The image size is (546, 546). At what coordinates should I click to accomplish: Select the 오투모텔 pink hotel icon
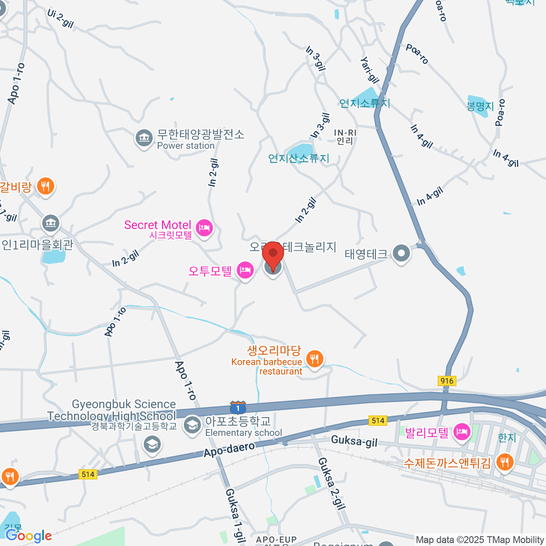tap(245, 271)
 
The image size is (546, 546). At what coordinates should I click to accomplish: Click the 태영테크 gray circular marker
tap(401, 253)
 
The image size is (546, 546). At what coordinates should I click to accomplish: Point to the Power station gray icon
tap(144, 138)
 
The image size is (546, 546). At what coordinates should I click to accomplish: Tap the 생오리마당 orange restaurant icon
tap(314, 359)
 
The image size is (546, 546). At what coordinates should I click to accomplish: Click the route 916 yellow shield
tap(447, 381)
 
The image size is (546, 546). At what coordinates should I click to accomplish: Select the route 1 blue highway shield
tap(238, 408)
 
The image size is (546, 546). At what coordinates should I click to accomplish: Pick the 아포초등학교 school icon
tap(192, 425)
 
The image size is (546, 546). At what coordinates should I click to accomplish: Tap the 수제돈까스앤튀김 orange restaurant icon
tap(504, 463)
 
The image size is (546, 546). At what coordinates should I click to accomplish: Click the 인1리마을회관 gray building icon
tap(51, 223)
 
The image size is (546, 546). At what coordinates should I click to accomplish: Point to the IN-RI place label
tap(345, 136)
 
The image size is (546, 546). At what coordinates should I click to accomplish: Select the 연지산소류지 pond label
tap(298, 158)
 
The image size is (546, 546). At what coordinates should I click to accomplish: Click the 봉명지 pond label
tap(480, 106)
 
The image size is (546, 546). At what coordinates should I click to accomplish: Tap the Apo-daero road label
tap(229, 449)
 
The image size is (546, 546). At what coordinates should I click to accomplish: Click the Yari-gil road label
tap(369, 70)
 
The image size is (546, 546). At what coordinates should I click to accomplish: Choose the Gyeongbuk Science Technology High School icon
tap(152, 445)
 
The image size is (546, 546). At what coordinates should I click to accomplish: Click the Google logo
tap(29, 536)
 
